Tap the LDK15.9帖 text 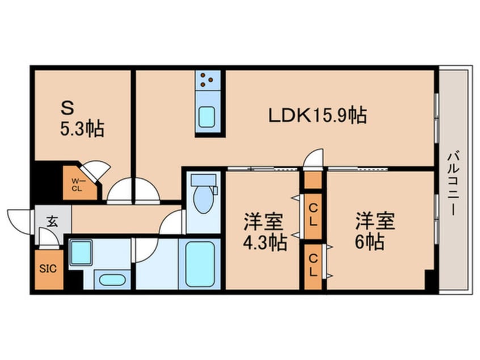(318, 115)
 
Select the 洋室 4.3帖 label (264, 232)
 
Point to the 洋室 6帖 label (374, 231)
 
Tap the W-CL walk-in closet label (77, 185)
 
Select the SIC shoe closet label (48, 269)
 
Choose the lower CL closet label (313, 265)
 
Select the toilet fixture (201, 196)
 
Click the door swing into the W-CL (93, 170)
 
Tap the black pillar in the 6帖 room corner (430, 280)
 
